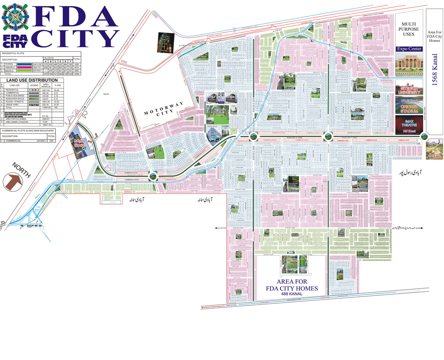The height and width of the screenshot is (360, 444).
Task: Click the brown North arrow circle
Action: tap(13, 180)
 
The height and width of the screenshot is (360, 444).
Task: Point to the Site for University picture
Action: tap(409, 87)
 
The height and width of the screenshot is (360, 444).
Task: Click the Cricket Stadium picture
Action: tap(409, 105)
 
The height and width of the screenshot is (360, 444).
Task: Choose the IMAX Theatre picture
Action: tap(409, 125)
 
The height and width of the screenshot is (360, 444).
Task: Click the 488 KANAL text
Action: tap(292, 295)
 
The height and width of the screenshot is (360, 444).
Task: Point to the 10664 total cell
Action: tap(77, 75)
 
